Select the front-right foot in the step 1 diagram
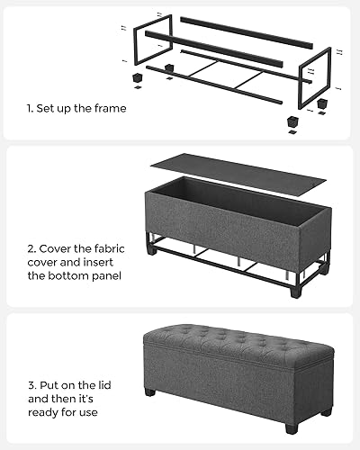click(293, 120)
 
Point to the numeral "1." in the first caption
click(31, 109)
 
